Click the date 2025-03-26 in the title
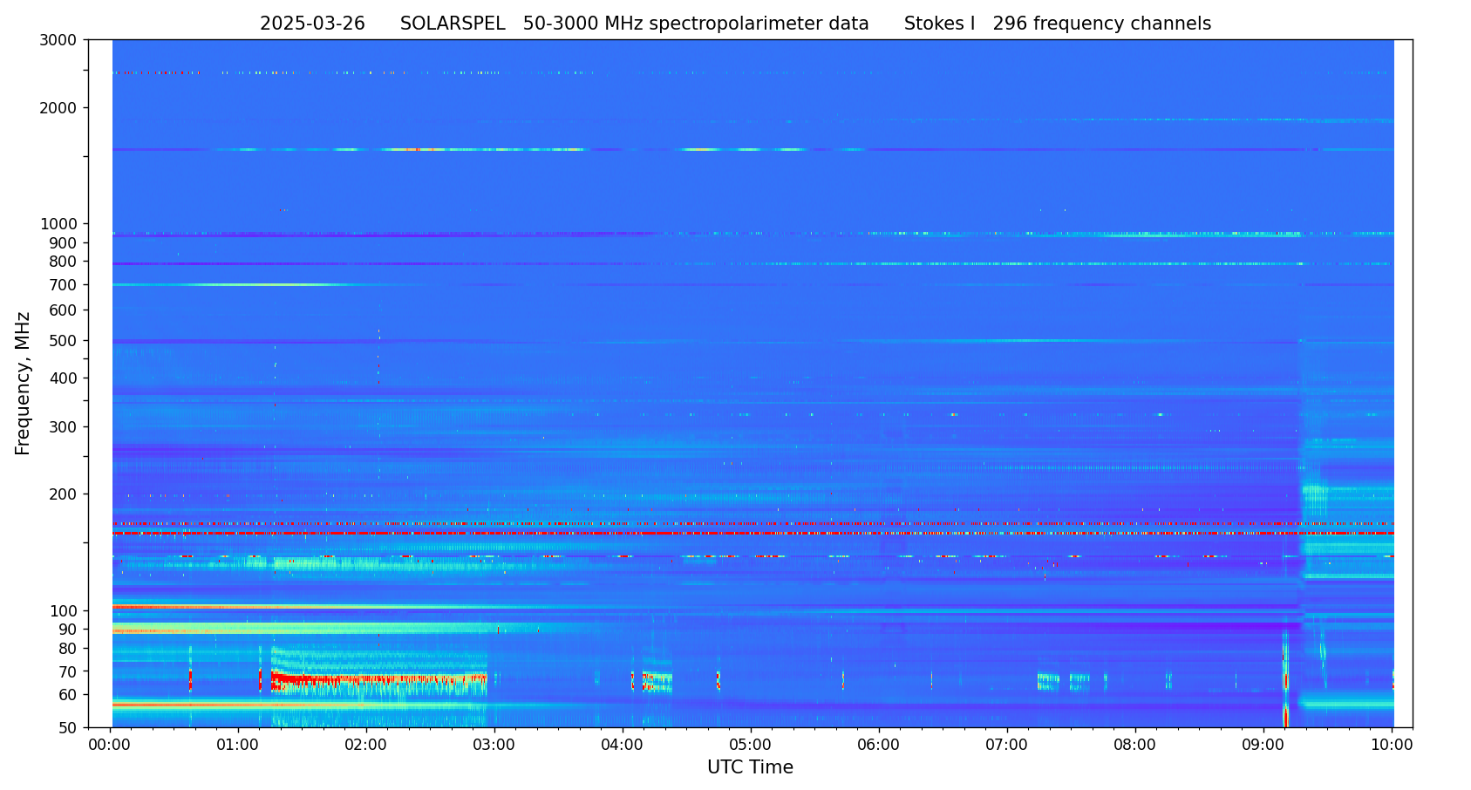click(312, 24)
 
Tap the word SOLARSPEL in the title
click(453, 24)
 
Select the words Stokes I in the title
click(939, 24)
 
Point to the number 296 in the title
click(1010, 24)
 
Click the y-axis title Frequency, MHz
click(24, 384)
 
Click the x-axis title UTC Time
click(750, 768)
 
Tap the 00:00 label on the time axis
click(110, 746)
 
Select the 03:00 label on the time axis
click(494, 746)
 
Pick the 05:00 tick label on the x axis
click(751, 746)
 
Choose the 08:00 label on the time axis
click(1135, 746)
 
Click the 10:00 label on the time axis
click(1392, 746)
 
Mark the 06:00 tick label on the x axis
click(879, 746)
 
